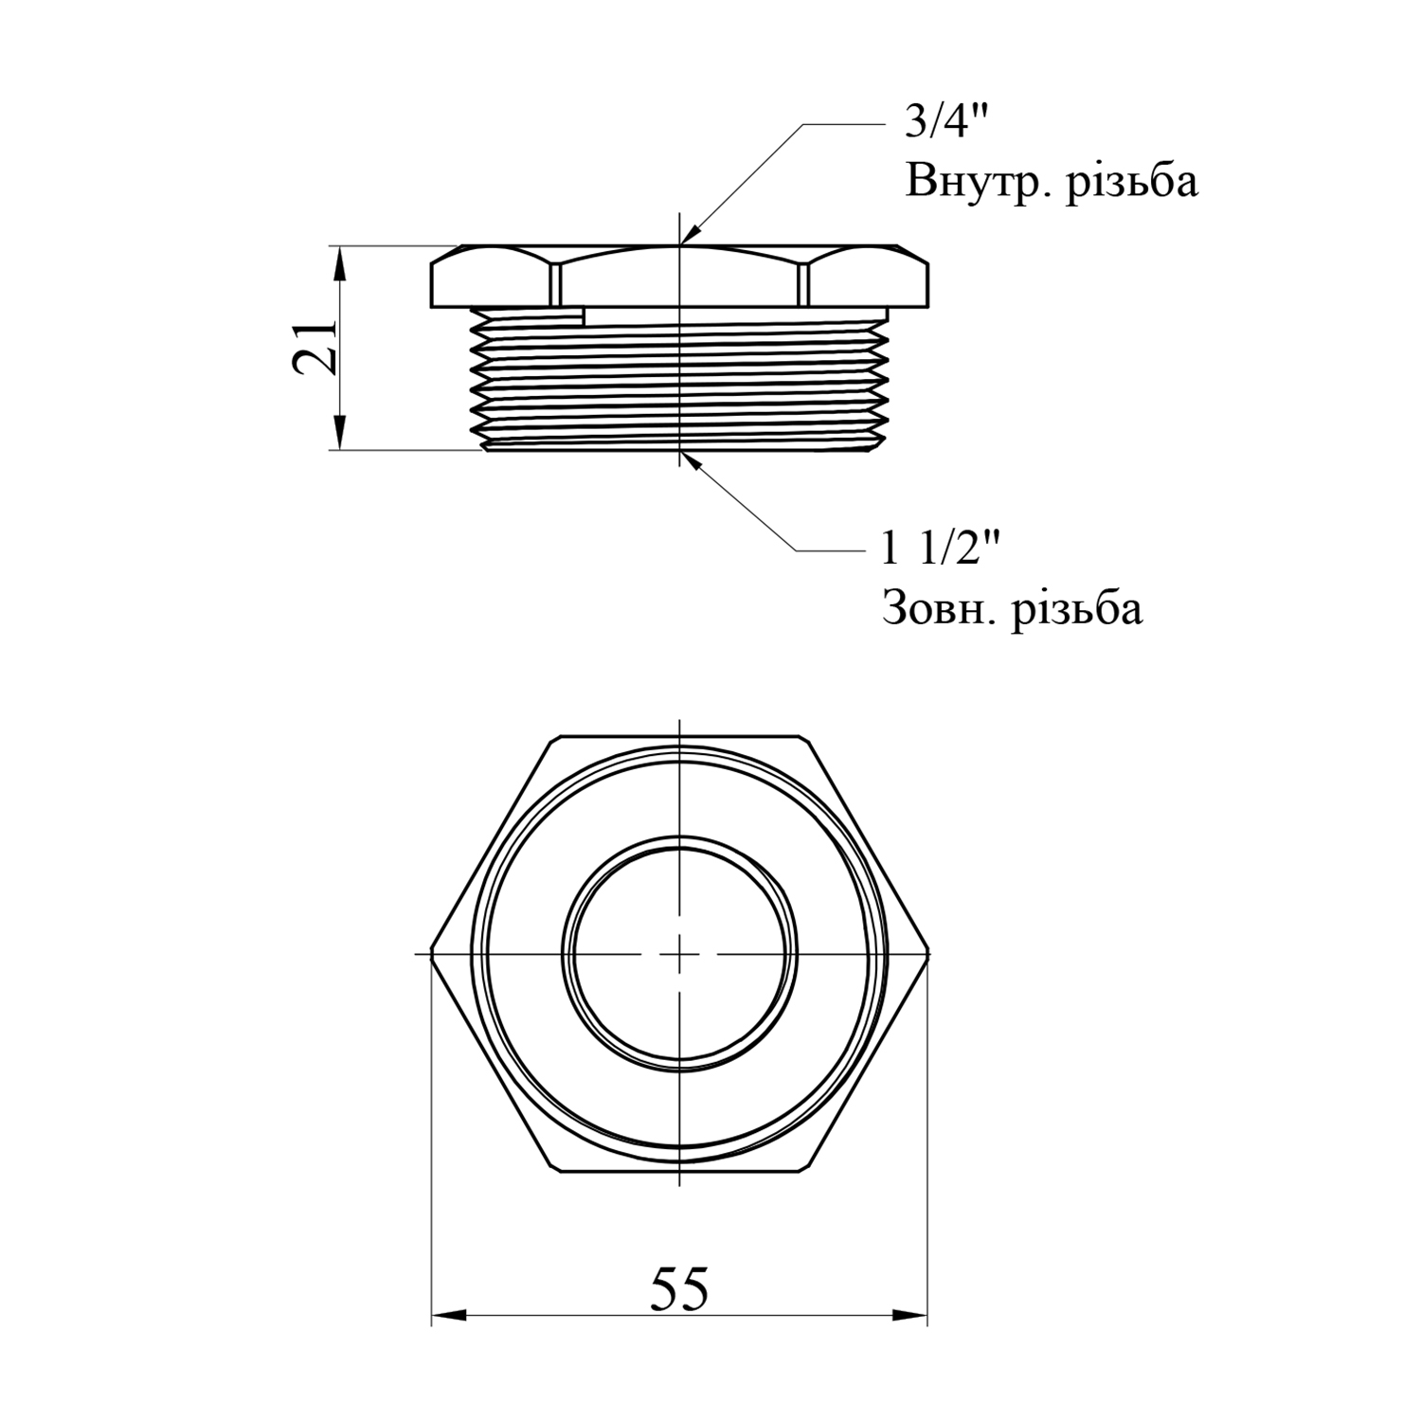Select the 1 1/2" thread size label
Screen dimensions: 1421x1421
[x=941, y=549]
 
